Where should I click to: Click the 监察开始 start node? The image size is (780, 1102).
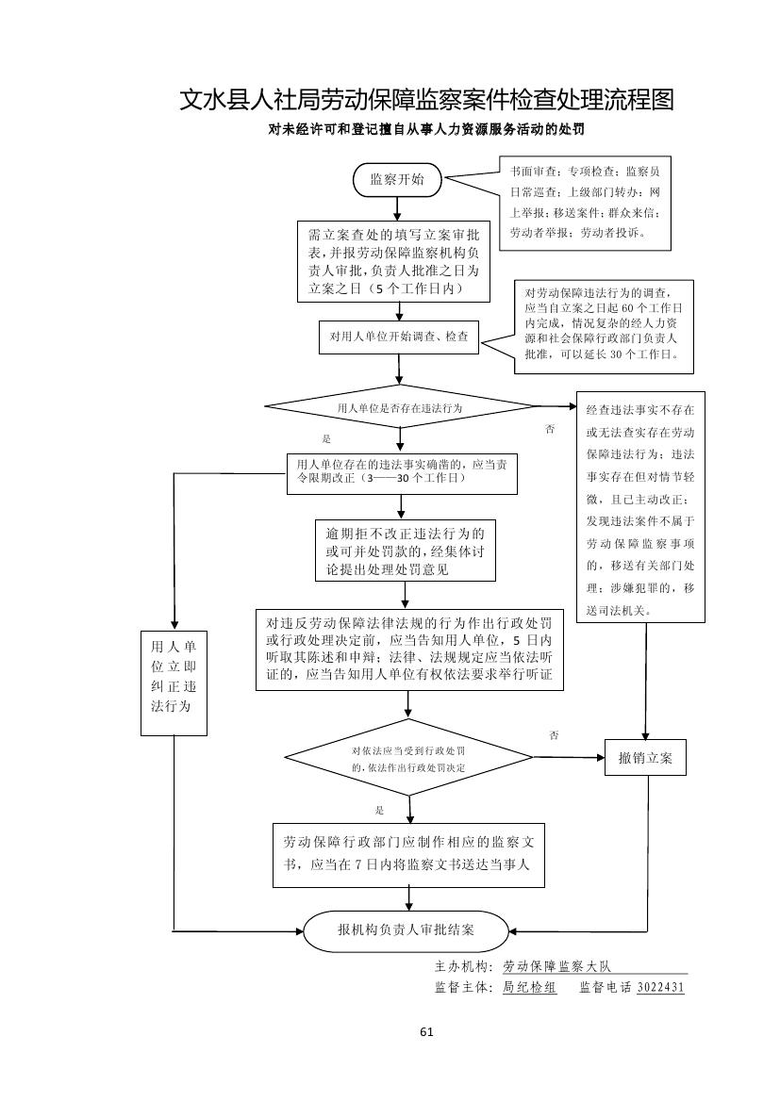(396, 179)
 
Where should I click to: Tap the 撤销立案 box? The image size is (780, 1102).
(646, 759)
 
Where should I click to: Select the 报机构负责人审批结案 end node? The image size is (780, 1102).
(407, 930)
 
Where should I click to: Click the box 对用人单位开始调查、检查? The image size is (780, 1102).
(399, 336)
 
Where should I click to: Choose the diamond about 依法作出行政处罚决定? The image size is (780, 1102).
(408, 759)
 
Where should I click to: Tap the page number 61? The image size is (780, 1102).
(426, 1032)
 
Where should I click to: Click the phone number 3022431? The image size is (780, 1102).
(660, 988)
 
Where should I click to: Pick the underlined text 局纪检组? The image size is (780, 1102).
(529, 988)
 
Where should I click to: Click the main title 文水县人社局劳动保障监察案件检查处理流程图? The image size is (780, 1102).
(426, 100)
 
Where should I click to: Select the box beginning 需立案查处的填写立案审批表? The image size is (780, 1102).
(393, 261)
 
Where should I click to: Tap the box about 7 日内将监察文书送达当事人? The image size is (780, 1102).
(409, 853)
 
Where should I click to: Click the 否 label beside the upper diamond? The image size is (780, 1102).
(550, 430)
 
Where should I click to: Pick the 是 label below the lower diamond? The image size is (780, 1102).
(379, 810)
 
